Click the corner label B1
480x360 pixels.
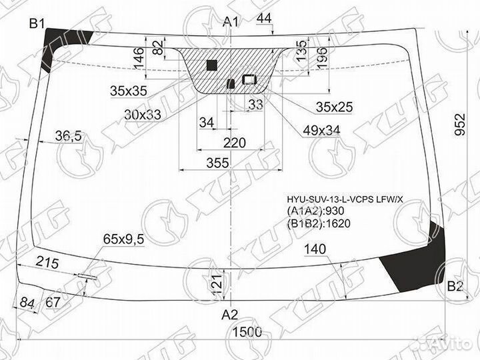click(x=37, y=23)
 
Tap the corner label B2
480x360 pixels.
click(x=455, y=287)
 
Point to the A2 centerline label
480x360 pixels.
click(x=229, y=315)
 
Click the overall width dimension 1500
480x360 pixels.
click(x=247, y=332)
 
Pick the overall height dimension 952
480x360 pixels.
click(x=459, y=124)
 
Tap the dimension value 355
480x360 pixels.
click(x=217, y=163)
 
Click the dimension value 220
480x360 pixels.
click(x=235, y=143)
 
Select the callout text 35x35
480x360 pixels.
click(x=129, y=91)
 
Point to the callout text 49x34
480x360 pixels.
click(x=321, y=131)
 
